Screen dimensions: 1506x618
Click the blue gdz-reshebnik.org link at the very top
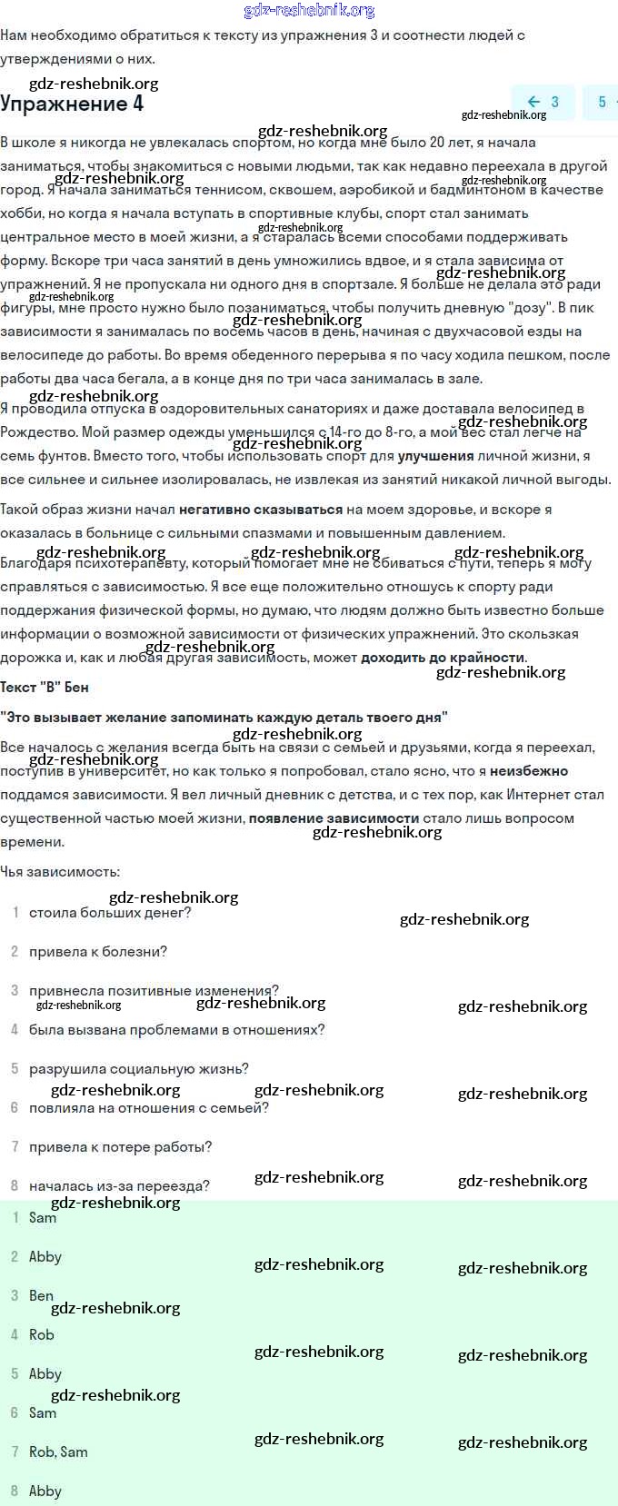[309, 11]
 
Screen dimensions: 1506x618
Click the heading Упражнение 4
[72, 104]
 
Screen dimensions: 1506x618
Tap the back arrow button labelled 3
[543, 102]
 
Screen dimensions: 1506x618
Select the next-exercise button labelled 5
[603, 102]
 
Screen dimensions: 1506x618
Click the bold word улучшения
[435, 456]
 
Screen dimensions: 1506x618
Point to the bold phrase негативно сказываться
[261, 510]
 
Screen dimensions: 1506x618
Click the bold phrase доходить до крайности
[443, 657]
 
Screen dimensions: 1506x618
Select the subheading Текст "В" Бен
[45, 687]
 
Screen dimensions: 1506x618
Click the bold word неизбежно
[529, 771]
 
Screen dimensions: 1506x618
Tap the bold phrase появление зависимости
[334, 817]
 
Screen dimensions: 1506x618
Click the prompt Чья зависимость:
[60, 872]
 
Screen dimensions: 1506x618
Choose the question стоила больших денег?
[110, 913]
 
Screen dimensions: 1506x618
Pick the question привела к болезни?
[98, 952]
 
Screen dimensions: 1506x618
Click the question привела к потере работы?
[120, 1147]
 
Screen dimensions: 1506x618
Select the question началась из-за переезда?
[119, 1186]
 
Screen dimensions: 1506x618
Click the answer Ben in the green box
[41, 1296]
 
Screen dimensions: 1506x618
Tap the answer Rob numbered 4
[41, 1335]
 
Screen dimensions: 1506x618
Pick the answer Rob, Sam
[58, 1452]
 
